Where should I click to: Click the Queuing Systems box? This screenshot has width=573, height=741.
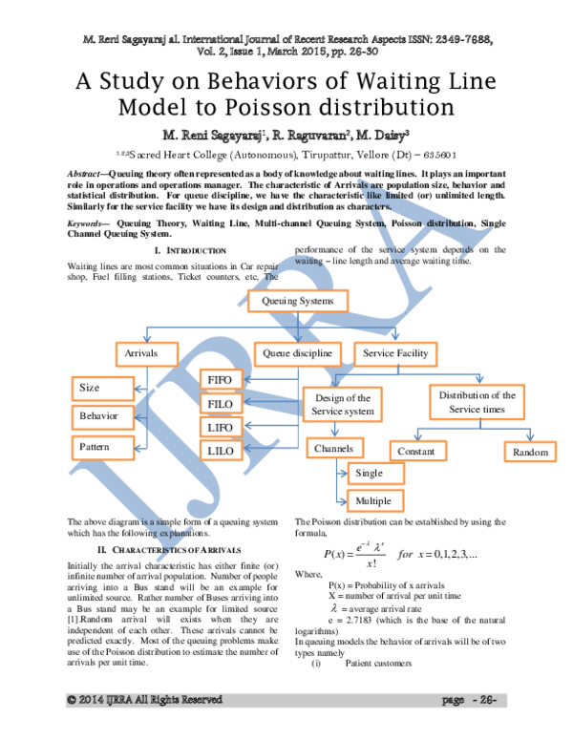click(298, 301)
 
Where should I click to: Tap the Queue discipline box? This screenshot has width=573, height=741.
click(297, 353)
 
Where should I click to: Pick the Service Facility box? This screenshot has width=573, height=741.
click(395, 353)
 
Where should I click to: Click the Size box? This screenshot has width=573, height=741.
click(103, 389)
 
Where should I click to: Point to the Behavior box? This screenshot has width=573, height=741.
click(103, 417)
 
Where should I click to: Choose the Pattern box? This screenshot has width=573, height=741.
click(103, 447)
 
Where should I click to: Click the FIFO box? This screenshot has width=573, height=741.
click(221, 380)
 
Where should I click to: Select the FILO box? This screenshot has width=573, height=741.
click(221, 404)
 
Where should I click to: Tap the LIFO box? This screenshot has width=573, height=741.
click(221, 427)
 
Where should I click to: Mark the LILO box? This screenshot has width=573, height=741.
click(221, 450)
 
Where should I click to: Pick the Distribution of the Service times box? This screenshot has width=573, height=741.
click(477, 402)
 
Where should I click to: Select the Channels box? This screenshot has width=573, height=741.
click(333, 448)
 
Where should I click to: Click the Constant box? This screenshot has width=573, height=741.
click(416, 451)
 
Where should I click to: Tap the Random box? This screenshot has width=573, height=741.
click(530, 452)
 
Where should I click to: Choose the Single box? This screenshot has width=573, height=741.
click(374, 474)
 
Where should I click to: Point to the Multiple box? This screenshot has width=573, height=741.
click(374, 500)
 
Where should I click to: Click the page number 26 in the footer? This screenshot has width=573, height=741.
click(487, 700)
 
